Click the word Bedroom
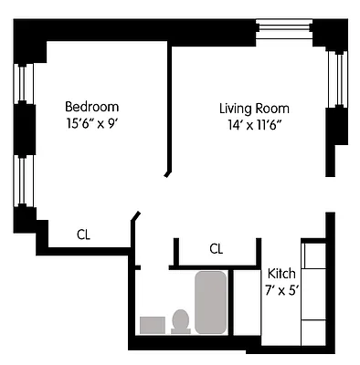[91, 105]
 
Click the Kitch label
[281, 274]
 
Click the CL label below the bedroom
[83, 235]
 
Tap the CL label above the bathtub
[216, 248]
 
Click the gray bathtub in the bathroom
[210, 302]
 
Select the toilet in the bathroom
[181, 320]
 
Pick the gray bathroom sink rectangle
[151, 325]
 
